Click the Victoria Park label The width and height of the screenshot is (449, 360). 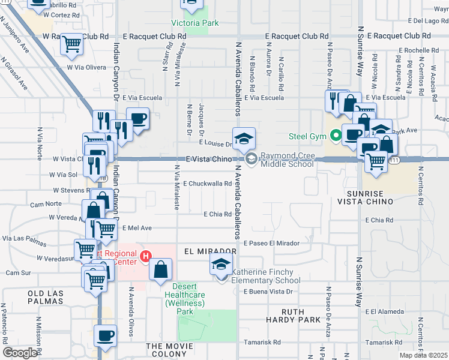195,23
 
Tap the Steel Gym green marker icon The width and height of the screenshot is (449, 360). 336,136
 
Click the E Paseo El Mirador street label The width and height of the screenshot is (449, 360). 271,243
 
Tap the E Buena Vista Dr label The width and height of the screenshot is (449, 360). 267,292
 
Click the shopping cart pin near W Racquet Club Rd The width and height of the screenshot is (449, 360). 72,44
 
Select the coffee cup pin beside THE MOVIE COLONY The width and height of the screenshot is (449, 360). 106,335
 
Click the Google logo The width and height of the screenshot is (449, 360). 20,353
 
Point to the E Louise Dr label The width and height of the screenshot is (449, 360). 215,144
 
